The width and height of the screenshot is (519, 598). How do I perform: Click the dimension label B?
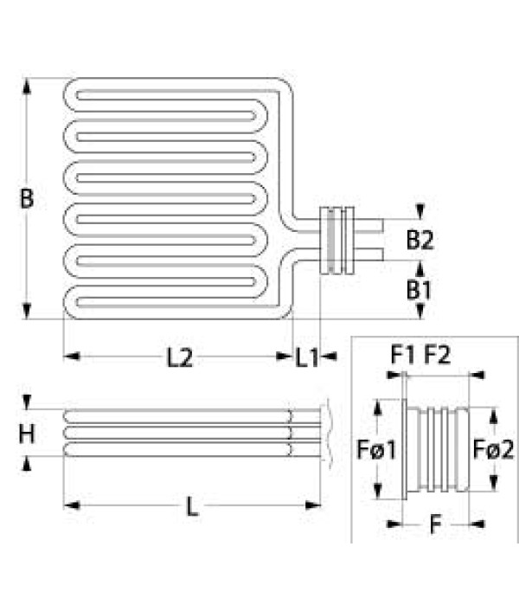(27, 199)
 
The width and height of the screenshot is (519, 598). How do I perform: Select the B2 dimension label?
(420, 240)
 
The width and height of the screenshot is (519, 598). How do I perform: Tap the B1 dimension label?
(419, 290)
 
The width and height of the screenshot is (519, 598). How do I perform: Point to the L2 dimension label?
(180, 358)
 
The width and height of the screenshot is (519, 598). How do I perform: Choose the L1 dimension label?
(307, 358)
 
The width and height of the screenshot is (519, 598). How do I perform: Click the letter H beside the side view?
(27, 434)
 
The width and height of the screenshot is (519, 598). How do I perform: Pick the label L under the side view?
(192, 507)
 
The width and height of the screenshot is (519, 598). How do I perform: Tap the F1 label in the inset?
(403, 355)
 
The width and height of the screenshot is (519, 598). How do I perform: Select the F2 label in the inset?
(437, 355)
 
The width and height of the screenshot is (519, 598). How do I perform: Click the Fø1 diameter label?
(376, 449)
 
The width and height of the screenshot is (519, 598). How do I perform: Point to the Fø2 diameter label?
(493, 449)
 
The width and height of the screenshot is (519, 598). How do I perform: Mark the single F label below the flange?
(435, 524)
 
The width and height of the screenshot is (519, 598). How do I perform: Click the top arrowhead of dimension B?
(26, 86)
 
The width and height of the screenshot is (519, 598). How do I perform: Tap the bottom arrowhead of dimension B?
(26, 311)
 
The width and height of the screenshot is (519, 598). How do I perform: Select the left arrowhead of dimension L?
(72, 505)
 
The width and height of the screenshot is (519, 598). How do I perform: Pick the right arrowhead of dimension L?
(313, 505)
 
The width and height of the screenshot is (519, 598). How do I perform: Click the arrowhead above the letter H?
(26, 402)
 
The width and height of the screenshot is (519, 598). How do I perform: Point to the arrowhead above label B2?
(420, 212)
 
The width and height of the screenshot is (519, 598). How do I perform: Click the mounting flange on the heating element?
(336, 241)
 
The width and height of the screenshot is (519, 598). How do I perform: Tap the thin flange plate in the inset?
(404, 449)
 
